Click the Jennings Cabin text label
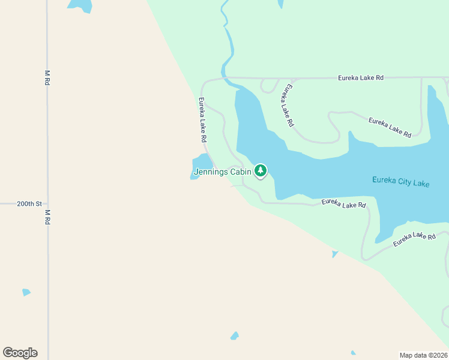(222, 172)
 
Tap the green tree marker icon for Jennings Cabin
(260, 171)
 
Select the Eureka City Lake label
(400, 182)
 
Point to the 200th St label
(29, 203)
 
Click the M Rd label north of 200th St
(47, 78)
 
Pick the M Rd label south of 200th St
(47, 217)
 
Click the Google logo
(20, 353)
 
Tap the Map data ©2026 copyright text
(423, 355)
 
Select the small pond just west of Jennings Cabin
(201, 164)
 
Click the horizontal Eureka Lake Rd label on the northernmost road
(360, 77)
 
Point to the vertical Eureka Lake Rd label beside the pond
(203, 120)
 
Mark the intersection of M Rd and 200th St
(47, 203)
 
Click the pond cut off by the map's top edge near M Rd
(80, 5)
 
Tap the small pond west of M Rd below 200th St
(26, 292)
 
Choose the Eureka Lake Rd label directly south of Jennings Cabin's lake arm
(343, 204)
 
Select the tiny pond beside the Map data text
(354, 353)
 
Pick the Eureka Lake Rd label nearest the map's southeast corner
(414, 239)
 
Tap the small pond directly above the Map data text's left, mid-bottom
(234, 336)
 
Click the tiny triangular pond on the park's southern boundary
(335, 254)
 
